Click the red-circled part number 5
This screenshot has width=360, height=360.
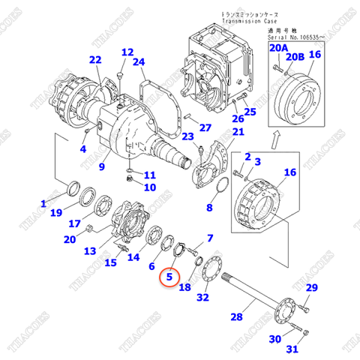(170, 277)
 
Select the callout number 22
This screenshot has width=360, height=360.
(94, 60)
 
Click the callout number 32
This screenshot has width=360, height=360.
(203, 298)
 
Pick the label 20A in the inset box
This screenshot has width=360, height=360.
(278, 47)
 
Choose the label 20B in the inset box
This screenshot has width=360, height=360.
(298, 56)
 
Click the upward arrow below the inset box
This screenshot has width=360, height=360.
(276, 137)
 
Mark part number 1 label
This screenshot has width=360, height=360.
(43, 203)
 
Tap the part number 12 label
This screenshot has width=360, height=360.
(127, 52)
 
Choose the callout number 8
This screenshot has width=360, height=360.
(210, 207)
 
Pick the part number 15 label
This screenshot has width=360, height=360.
(110, 262)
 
